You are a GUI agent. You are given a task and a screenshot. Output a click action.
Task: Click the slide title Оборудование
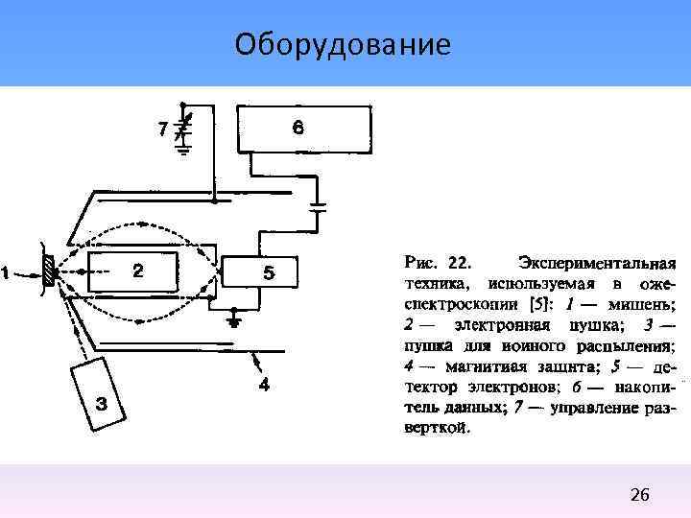point(342,44)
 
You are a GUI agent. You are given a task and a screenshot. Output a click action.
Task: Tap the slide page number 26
point(640,495)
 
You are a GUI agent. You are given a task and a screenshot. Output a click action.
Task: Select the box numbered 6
point(300,128)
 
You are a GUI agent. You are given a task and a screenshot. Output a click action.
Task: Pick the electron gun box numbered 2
point(134,271)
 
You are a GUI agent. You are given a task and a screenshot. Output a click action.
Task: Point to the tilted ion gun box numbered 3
point(101,392)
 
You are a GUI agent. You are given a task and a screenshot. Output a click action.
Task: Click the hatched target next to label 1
point(49,272)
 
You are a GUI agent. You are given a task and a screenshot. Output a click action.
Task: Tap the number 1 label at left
point(7,273)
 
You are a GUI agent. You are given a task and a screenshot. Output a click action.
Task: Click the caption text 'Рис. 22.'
point(439,262)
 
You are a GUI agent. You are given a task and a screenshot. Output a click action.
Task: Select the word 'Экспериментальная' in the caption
point(596,262)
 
